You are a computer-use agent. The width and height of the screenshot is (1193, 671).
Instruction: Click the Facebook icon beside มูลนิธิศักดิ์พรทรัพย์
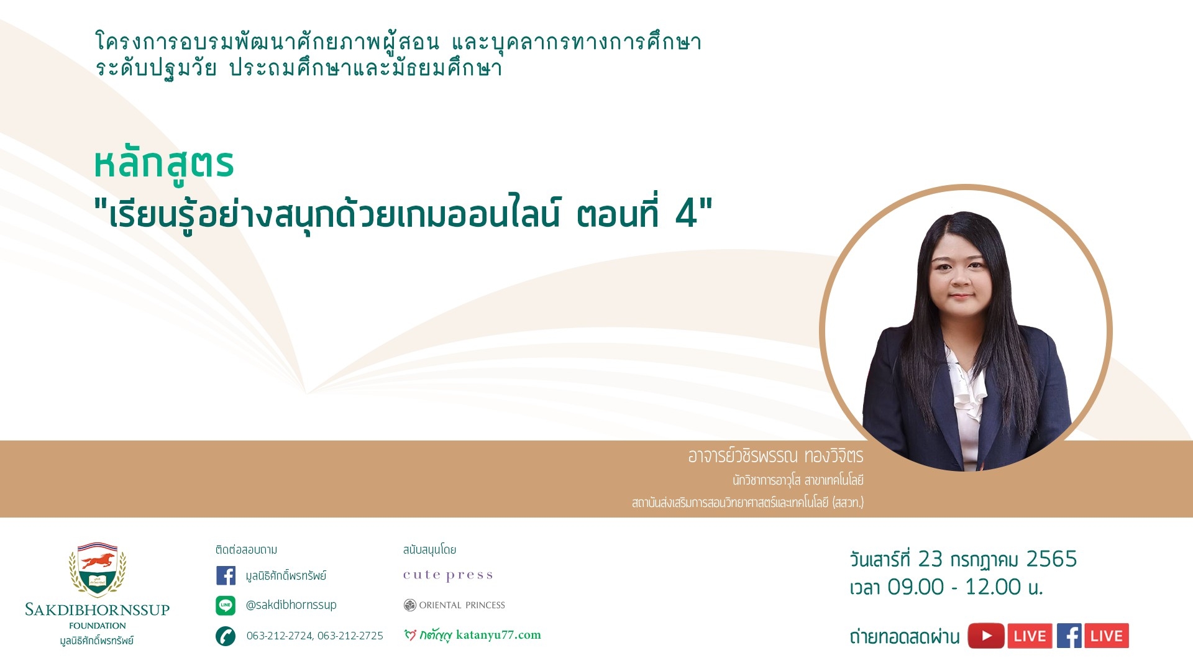pos(226,575)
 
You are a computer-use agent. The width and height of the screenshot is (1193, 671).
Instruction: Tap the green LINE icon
pos(226,605)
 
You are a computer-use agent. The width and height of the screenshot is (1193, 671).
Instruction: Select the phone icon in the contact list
pos(226,636)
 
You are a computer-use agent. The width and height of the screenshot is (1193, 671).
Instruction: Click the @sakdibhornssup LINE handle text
pos(291,605)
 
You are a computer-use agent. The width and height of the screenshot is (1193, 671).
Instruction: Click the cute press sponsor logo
pos(448,575)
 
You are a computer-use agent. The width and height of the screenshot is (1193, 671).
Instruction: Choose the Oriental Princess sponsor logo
pos(454,605)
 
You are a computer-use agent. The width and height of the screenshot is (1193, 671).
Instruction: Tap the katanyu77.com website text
pos(498,634)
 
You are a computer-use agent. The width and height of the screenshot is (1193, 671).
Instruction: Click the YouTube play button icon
pos(986,636)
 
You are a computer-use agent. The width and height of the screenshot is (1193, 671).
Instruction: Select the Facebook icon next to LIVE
pos(1069,636)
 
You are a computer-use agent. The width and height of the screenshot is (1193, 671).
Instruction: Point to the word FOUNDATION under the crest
pos(98,626)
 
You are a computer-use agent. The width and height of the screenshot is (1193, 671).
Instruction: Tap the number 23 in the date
pos(930,559)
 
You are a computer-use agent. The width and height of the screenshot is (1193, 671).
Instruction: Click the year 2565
pos(1051,559)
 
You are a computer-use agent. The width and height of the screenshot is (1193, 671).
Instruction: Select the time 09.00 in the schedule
pos(915,587)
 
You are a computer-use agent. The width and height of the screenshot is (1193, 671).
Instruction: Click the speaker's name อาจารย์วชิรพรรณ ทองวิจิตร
pos(775,456)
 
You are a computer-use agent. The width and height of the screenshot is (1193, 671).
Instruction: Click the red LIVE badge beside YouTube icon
pos(1030,636)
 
